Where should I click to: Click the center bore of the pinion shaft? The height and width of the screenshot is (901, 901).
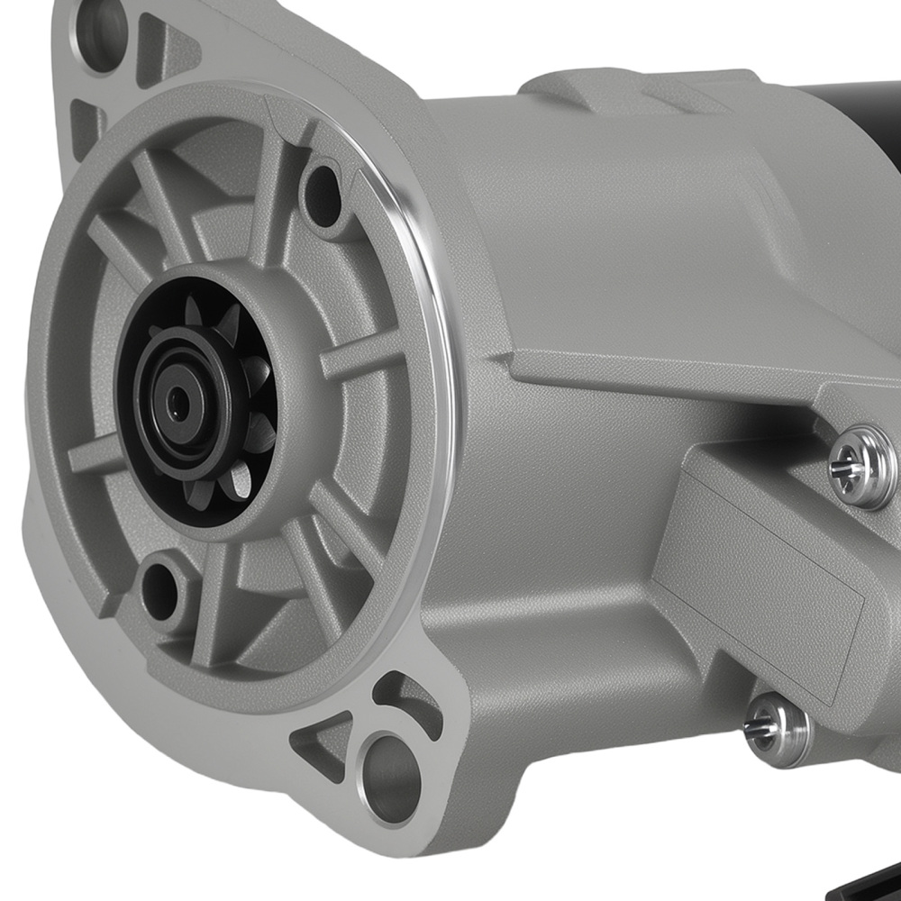click(177, 404)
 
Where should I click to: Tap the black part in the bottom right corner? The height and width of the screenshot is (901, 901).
click(878, 878)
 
